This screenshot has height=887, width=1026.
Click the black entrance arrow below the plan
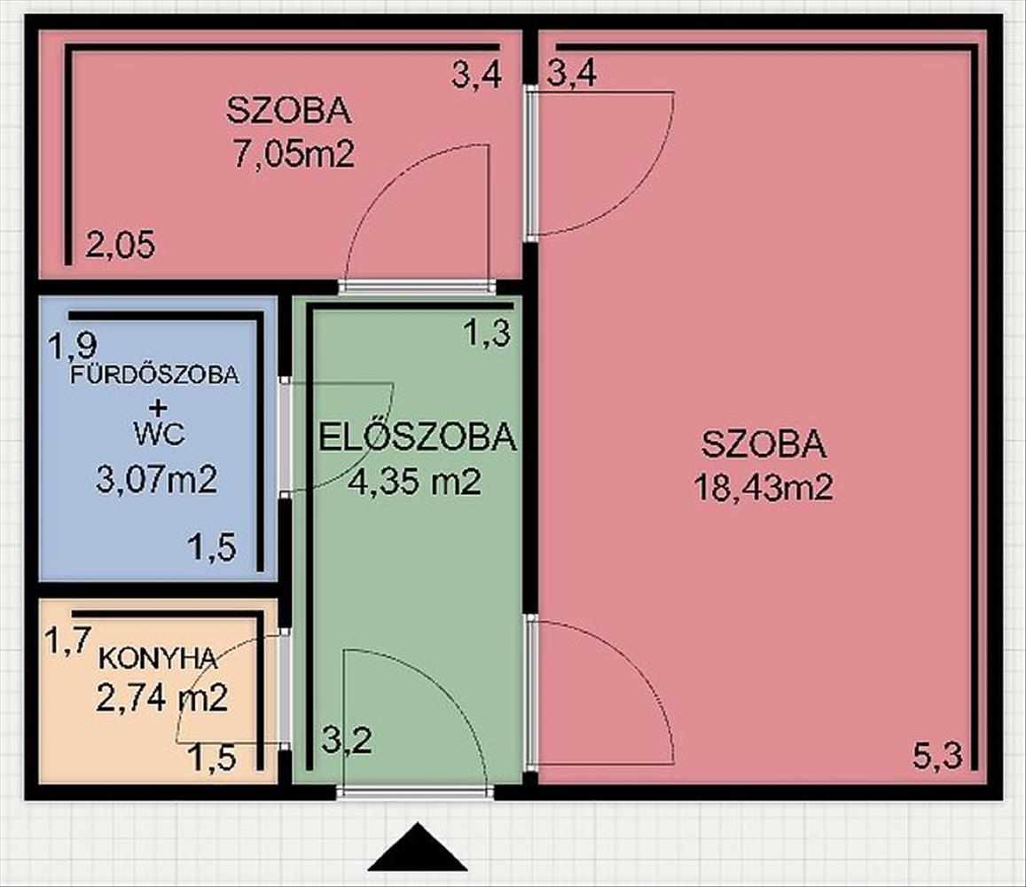[x=418, y=847]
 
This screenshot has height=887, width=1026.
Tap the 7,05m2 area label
[x=294, y=155]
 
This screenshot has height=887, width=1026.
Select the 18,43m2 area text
[x=764, y=488]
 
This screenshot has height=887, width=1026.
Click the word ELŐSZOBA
[x=418, y=436]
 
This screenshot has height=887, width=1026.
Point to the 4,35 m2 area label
[x=415, y=482]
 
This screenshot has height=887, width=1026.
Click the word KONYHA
[x=157, y=658]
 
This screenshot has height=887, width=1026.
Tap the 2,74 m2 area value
[x=161, y=698]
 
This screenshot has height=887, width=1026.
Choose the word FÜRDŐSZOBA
[x=155, y=375]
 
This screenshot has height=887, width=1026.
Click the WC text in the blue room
[x=159, y=434]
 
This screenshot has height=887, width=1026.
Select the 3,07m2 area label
[x=156, y=479]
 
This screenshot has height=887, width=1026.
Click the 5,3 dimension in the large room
[x=937, y=757]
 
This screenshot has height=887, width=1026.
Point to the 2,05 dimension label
[x=121, y=246]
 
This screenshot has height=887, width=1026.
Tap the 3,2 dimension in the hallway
[x=347, y=741]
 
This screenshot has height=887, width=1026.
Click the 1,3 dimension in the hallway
[x=487, y=334]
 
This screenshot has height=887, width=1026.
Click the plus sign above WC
[x=158, y=408]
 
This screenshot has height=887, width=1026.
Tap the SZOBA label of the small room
[x=288, y=111]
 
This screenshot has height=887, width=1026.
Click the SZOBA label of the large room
[x=764, y=444]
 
